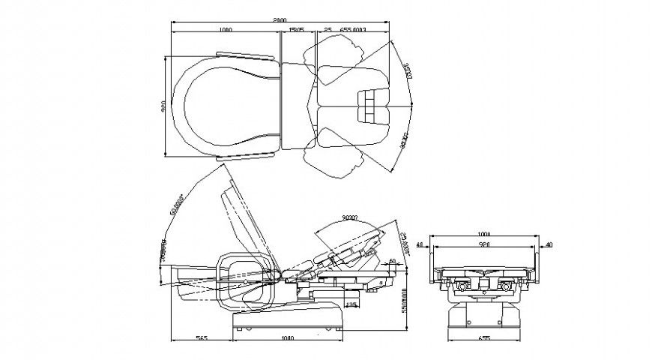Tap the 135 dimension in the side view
point(350,304)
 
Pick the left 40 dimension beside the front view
point(420,244)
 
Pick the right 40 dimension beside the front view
point(549,244)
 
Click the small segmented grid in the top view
point(373,106)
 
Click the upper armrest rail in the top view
point(247,54)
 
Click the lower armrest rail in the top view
point(247,156)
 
